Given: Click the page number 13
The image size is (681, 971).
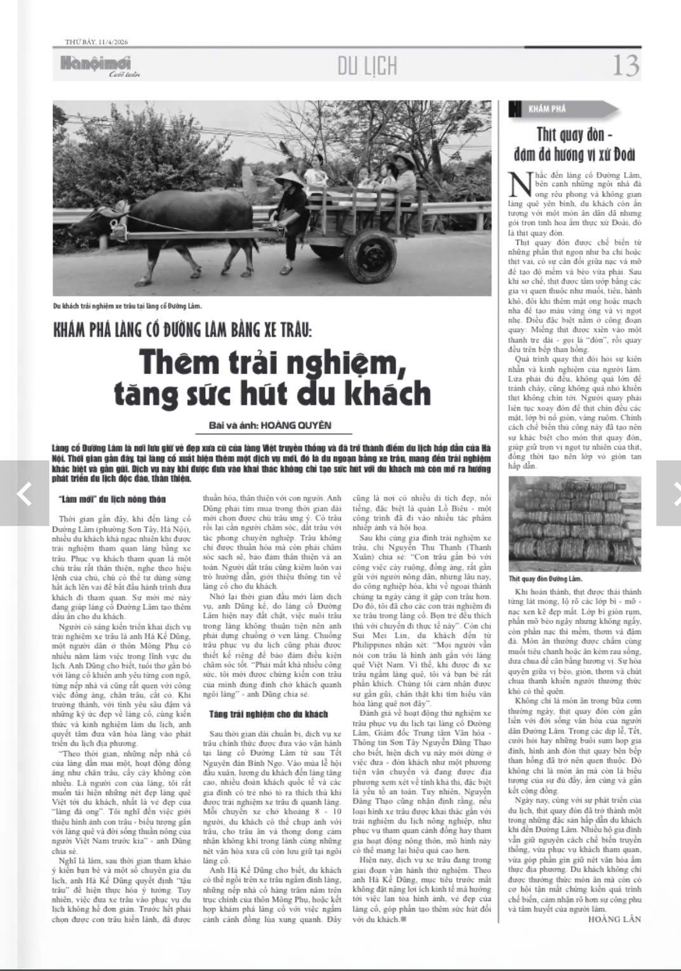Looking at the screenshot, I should (x=625, y=65).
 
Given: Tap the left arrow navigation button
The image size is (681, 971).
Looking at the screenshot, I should (x=24, y=492).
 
